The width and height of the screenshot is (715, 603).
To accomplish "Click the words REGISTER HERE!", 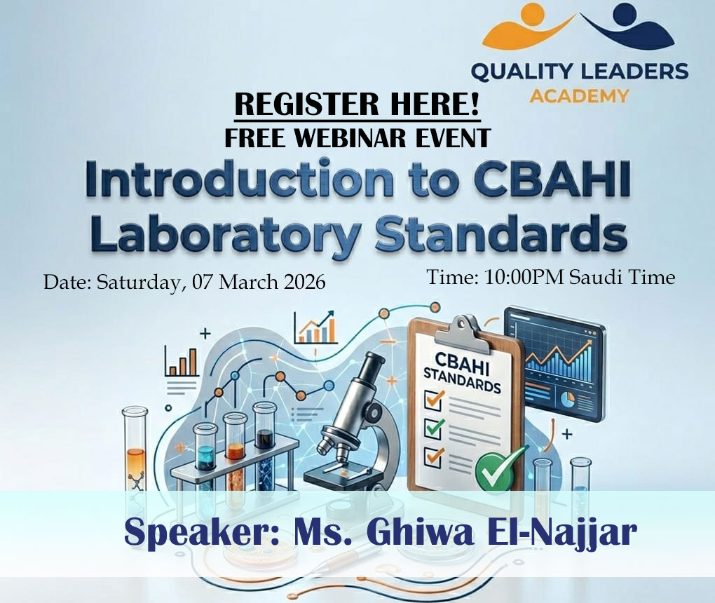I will pyautogui.click(x=357, y=104).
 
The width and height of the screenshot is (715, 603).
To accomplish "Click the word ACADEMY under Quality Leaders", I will pyautogui.click(x=579, y=95).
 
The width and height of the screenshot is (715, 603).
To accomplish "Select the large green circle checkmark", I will pyautogui.click(x=498, y=468).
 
